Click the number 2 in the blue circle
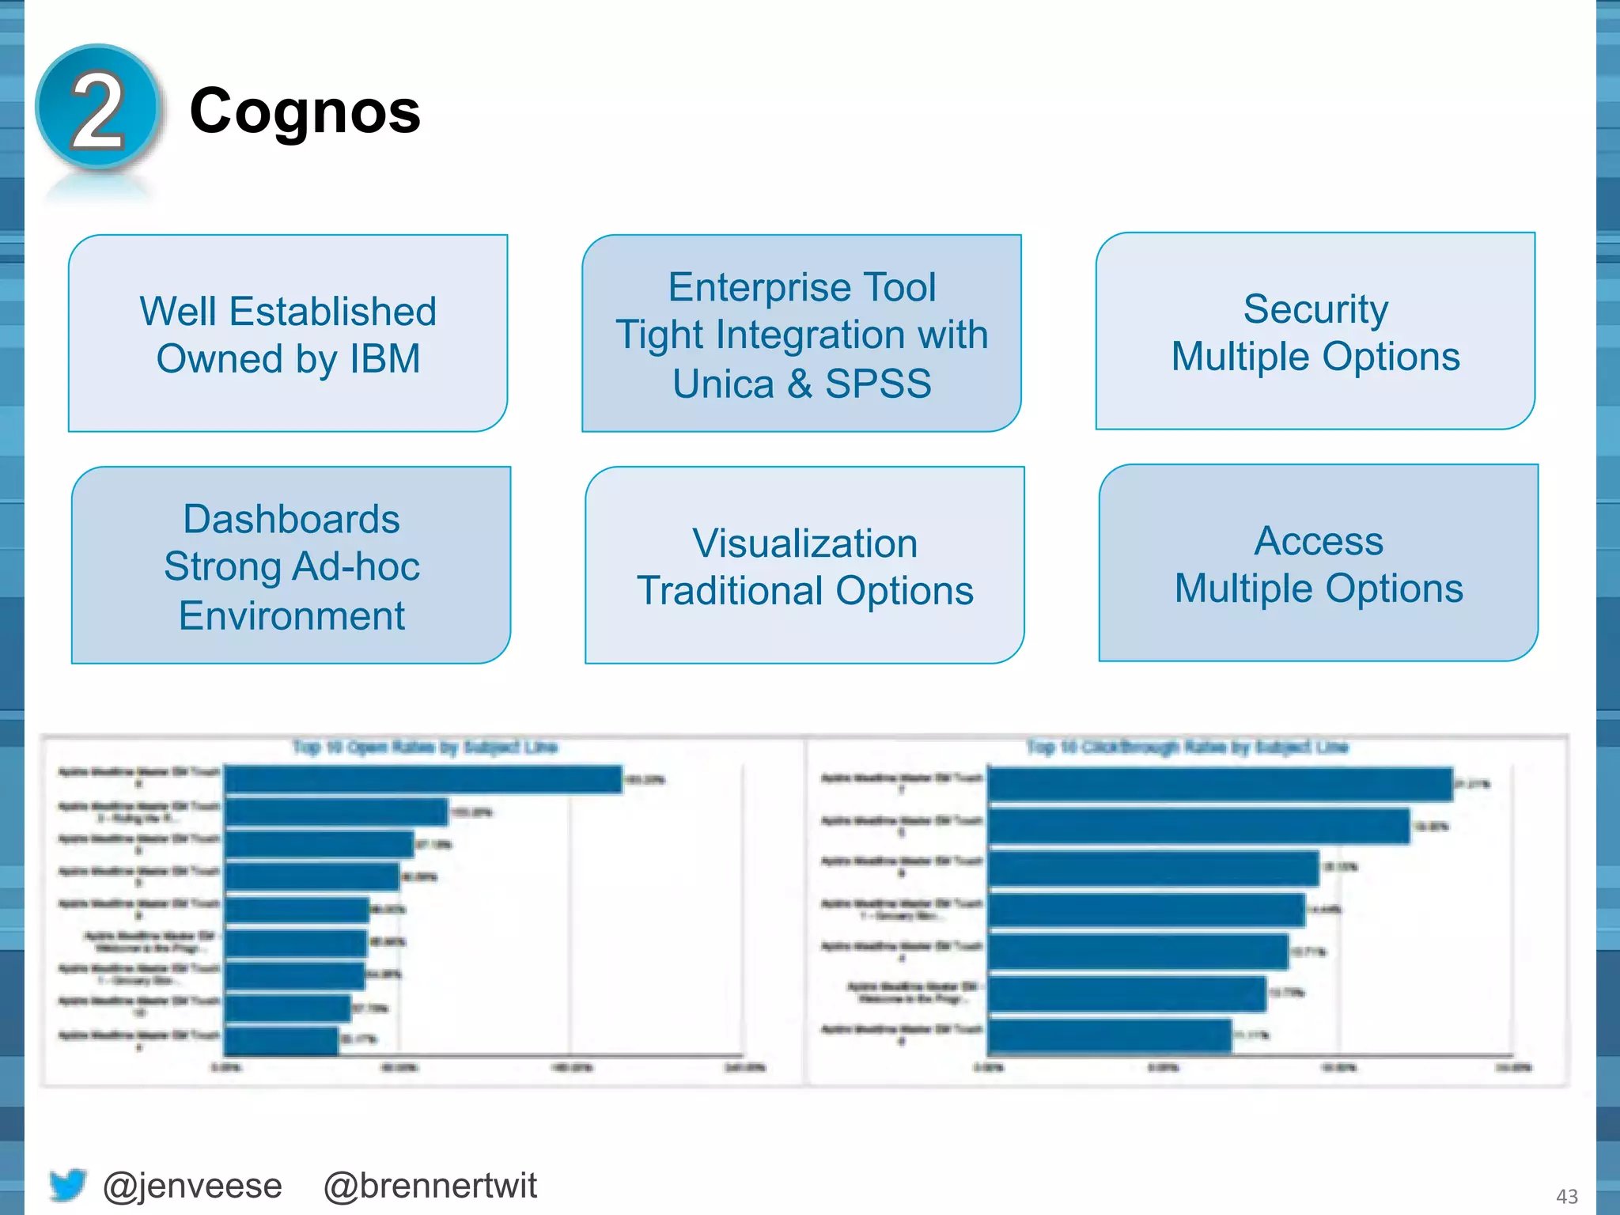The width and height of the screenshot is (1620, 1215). pyautogui.click(x=97, y=111)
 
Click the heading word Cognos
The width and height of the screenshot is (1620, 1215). pyautogui.click(x=305, y=112)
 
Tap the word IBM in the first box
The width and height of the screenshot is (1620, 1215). pyautogui.click(x=384, y=359)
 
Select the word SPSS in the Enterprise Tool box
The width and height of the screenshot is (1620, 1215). pyautogui.click(x=878, y=384)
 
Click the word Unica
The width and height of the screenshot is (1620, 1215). pyautogui.click(x=723, y=384)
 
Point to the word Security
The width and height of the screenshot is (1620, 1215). pyautogui.click(x=1315, y=308)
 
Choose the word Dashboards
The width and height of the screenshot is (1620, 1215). pyautogui.click(x=291, y=520)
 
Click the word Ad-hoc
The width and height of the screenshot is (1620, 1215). pyautogui.click(x=355, y=567)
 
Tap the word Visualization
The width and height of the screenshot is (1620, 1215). pyautogui.click(x=804, y=543)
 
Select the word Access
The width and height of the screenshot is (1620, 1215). pyautogui.click(x=1319, y=541)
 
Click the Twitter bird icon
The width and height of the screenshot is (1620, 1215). pyautogui.click(x=67, y=1184)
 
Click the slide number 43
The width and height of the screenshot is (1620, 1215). pyautogui.click(x=1566, y=1196)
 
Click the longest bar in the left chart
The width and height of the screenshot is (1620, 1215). pyautogui.click(x=422, y=779)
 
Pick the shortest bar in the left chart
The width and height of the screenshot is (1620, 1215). pyautogui.click(x=281, y=1040)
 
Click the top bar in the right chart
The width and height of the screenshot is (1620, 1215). pyautogui.click(x=1220, y=784)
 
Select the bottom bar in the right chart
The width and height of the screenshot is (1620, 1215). pyautogui.click(x=1109, y=1035)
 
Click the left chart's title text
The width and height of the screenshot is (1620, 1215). pyautogui.click(x=425, y=747)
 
